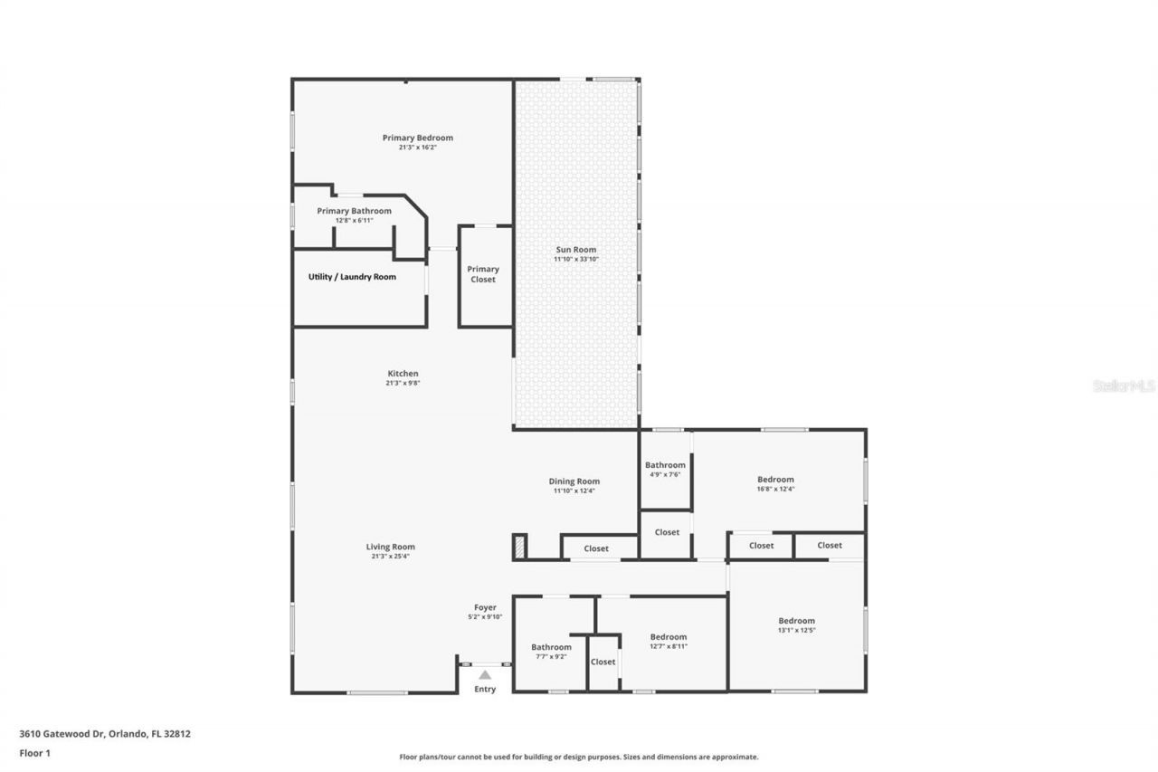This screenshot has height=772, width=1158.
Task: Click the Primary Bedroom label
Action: pyautogui.click(x=417, y=138)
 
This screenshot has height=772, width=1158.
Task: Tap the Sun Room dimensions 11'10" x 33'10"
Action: pyautogui.click(x=576, y=260)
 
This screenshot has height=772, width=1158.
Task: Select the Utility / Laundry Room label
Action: pyautogui.click(x=352, y=277)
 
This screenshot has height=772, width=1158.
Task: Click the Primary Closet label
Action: pyautogui.click(x=483, y=274)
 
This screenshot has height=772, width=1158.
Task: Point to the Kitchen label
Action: pyautogui.click(x=403, y=374)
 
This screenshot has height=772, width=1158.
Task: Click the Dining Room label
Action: pyautogui.click(x=574, y=481)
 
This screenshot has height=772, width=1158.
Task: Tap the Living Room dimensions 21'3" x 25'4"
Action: pyautogui.click(x=390, y=557)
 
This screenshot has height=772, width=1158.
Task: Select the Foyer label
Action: pyautogui.click(x=485, y=607)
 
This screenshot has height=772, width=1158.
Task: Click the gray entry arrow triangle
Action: pyautogui.click(x=485, y=674)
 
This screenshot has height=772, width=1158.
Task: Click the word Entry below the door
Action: pyautogui.click(x=485, y=690)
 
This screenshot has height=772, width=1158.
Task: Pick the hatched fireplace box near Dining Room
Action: pyautogui.click(x=519, y=547)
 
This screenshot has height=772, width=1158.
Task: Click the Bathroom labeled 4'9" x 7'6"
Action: pyautogui.click(x=665, y=465)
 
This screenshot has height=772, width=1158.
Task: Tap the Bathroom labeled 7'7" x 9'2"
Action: pyautogui.click(x=551, y=647)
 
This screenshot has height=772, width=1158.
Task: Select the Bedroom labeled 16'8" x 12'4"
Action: pyautogui.click(x=775, y=480)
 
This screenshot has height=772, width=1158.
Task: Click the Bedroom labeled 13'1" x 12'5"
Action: pyautogui.click(x=796, y=621)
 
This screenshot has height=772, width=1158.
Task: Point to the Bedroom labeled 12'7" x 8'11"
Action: pyautogui.click(x=668, y=637)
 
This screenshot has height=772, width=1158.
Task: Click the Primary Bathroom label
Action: pyautogui.click(x=354, y=211)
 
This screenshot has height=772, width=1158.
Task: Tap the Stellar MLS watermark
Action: pyautogui.click(x=1124, y=386)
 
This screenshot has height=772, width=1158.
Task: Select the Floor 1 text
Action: pyautogui.click(x=34, y=752)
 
